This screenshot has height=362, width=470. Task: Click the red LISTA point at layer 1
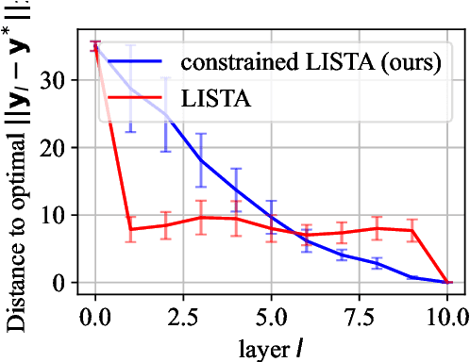coord(130,229)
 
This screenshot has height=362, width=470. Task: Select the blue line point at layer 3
coord(201,160)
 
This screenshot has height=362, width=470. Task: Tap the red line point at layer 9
coord(412,230)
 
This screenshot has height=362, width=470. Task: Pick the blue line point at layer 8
coord(378,263)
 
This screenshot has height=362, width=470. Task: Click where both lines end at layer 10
coord(447,282)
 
